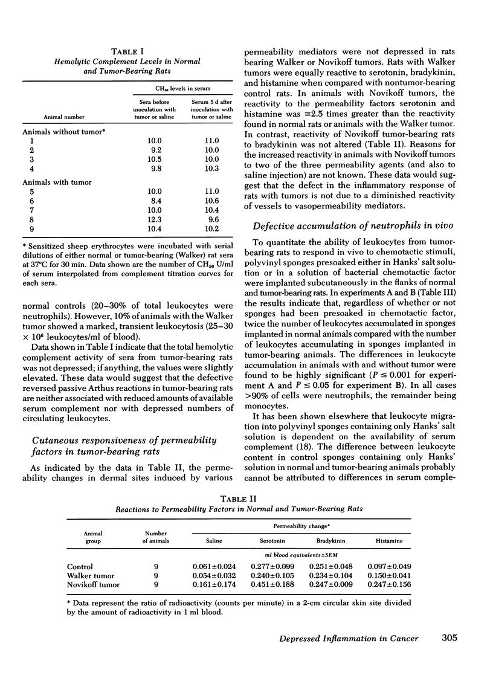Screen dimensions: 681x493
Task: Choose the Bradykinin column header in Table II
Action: click(331, 541)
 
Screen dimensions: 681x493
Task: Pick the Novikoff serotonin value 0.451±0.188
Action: click(272, 585)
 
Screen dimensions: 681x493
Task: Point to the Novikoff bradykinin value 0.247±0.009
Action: click(331, 585)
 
